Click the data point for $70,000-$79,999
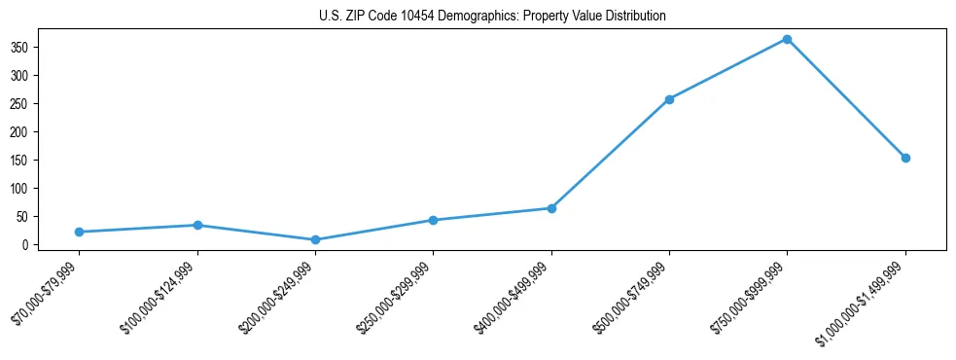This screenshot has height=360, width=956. (x=79, y=232)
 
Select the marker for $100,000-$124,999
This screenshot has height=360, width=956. (x=197, y=225)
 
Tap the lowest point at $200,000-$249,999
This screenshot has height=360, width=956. (x=315, y=239)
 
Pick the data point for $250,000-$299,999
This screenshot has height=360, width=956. (x=433, y=220)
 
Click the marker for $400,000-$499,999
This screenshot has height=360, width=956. (x=551, y=208)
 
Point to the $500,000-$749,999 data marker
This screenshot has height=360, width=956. (x=669, y=99)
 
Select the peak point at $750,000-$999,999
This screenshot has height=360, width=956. (x=787, y=39)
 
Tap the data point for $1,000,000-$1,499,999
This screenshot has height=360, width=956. (x=905, y=158)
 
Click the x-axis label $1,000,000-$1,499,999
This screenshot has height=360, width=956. (x=863, y=302)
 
